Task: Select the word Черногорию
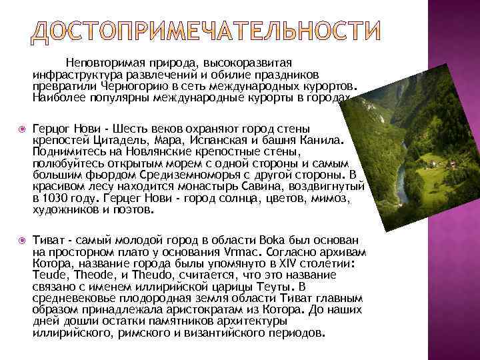pyautogui.click(x=134, y=86)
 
